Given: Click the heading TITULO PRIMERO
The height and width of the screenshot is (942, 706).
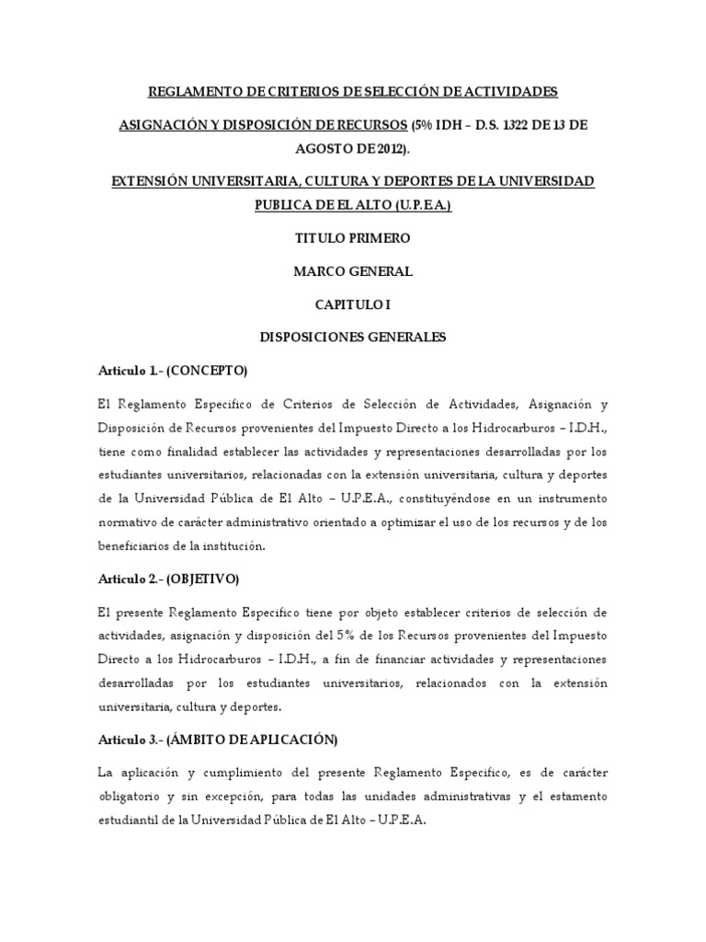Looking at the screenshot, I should point(352,238).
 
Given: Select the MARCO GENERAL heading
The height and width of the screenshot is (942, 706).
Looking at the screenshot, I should point(352,271).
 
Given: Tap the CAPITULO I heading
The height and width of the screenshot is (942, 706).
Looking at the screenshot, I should point(352,304).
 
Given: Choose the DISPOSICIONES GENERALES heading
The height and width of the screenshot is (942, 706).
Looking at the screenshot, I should point(352,338).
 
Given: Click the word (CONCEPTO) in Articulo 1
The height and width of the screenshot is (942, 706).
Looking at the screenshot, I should point(207,371).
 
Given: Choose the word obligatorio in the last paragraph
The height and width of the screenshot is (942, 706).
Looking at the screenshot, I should point(131,796).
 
